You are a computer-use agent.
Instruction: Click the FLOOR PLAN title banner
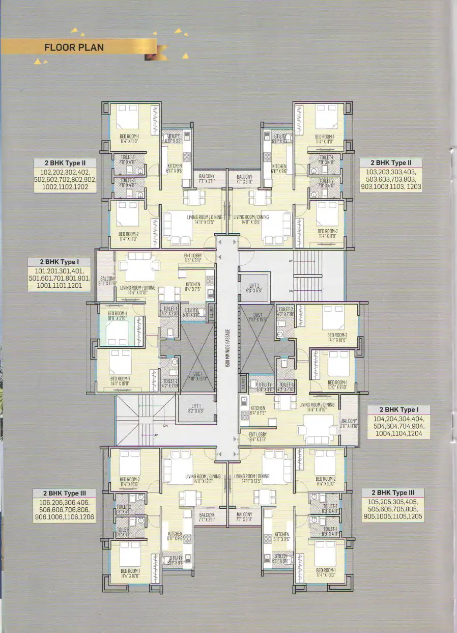(74, 48)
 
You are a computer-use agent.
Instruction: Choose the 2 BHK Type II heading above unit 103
(391, 163)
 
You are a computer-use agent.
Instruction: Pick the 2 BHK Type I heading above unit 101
(60, 262)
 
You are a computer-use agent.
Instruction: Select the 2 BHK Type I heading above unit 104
(398, 410)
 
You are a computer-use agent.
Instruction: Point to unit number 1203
(411, 187)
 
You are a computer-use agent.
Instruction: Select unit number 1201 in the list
(79, 287)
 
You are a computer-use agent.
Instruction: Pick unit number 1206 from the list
(84, 517)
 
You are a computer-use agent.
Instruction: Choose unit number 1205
(412, 517)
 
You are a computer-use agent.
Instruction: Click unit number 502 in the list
(44, 180)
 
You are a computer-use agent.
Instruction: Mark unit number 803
(410, 180)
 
